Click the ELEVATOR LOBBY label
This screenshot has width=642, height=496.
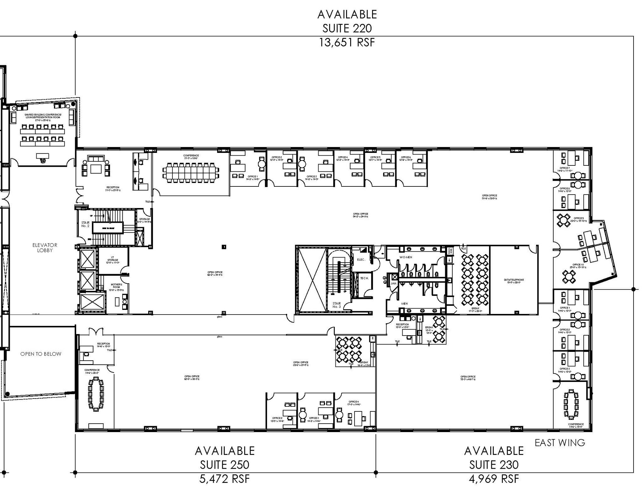click(45, 248)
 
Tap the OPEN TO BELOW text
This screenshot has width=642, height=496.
click(41, 354)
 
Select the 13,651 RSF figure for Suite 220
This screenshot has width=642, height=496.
click(347, 42)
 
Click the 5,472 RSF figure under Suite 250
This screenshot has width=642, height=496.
click(224, 479)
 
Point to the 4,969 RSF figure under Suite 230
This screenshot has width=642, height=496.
click(494, 479)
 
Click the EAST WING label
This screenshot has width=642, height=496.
click(560, 443)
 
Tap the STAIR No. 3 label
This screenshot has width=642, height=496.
click(336, 305)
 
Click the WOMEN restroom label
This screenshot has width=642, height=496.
click(406, 257)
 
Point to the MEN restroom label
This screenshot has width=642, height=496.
click(404, 304)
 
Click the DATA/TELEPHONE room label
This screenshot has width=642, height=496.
click(514, 281)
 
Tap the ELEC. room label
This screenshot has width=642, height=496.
click(361, 259)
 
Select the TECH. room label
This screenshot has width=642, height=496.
click(364, 278)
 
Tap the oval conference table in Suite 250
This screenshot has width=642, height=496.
click(96, 394)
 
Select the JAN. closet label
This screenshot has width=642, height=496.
click(393, 283)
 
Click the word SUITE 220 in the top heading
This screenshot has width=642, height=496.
click(347, 29)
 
